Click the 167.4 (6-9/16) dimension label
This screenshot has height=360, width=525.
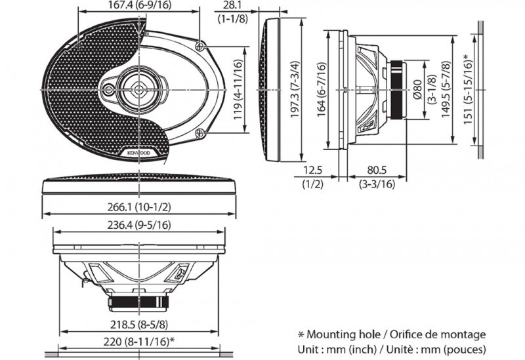click(x=139, y=5)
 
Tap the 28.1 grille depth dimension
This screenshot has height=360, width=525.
click(x=232, y=5)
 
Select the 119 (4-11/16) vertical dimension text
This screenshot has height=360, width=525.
click(x=238, y=90)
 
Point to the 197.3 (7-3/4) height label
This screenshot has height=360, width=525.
click(x=295, y=89)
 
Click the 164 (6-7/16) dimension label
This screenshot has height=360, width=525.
click(x=321, y=89)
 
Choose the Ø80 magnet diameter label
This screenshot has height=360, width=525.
click(x=417, y=89)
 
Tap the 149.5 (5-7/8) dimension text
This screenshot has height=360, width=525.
click(x=446, y=89)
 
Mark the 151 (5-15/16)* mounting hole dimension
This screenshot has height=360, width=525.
click(x=468, y=89)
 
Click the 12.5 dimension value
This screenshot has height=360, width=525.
click(x=313, y=170)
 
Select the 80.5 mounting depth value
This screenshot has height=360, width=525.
click(x=377, y=170)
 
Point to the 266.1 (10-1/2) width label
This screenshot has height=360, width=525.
click(x=139, y=207)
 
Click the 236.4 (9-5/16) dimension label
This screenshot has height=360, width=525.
click(x=139, y=225)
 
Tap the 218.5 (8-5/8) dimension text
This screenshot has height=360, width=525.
click(x=139, y=324)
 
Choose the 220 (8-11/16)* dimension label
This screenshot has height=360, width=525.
click(x=139, y=342)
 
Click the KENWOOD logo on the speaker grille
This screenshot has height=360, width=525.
click(x=139, y=153)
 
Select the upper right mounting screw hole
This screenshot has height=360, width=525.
click(x=200, y=46)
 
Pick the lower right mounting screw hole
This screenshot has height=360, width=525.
click(x=200, y=133)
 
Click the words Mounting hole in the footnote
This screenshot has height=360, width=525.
click(x=343, y=334)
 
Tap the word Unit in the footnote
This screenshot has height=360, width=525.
click(x=306, y=350)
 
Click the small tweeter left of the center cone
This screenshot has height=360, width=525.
click(x=108, y=90)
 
